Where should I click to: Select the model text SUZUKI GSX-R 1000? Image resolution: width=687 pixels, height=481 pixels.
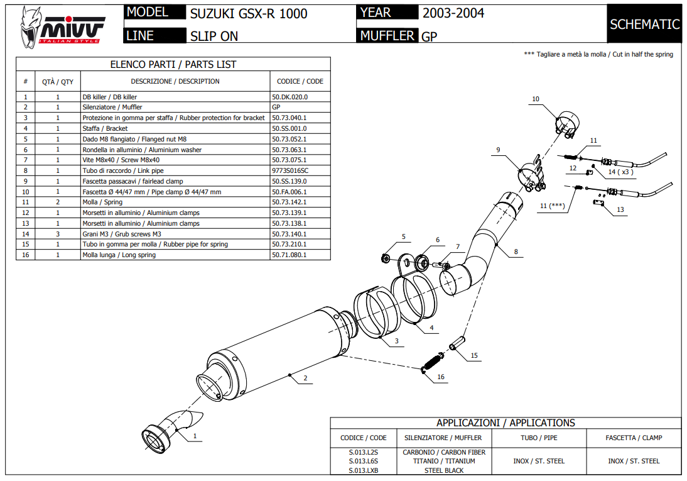tap(249, 14)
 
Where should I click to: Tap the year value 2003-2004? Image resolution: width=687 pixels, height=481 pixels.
tap(453, 13)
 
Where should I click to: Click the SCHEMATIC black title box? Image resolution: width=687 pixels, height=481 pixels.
tap(644, 25)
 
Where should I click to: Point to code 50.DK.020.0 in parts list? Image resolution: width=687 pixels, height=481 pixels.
tap(289, 97)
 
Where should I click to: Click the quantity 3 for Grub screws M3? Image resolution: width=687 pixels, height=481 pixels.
tap(58, 233)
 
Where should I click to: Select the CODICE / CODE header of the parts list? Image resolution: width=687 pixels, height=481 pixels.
tap(300, 81)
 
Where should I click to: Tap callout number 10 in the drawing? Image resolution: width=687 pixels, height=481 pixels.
tap(536, 99)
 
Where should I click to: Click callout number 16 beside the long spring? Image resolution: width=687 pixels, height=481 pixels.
tap(441, 377)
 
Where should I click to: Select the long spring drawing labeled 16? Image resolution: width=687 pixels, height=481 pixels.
tap(433, 363)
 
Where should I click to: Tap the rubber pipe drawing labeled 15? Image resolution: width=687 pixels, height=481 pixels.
tap(458, 345)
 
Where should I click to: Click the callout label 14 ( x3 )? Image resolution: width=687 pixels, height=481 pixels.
tap(620, 172)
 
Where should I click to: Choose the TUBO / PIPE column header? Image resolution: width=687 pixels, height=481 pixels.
tap(538, 438)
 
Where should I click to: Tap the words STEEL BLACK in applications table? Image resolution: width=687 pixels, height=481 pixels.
tap(443, 470)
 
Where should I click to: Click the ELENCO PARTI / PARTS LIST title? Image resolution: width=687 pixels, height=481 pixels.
tap(173, 64)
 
